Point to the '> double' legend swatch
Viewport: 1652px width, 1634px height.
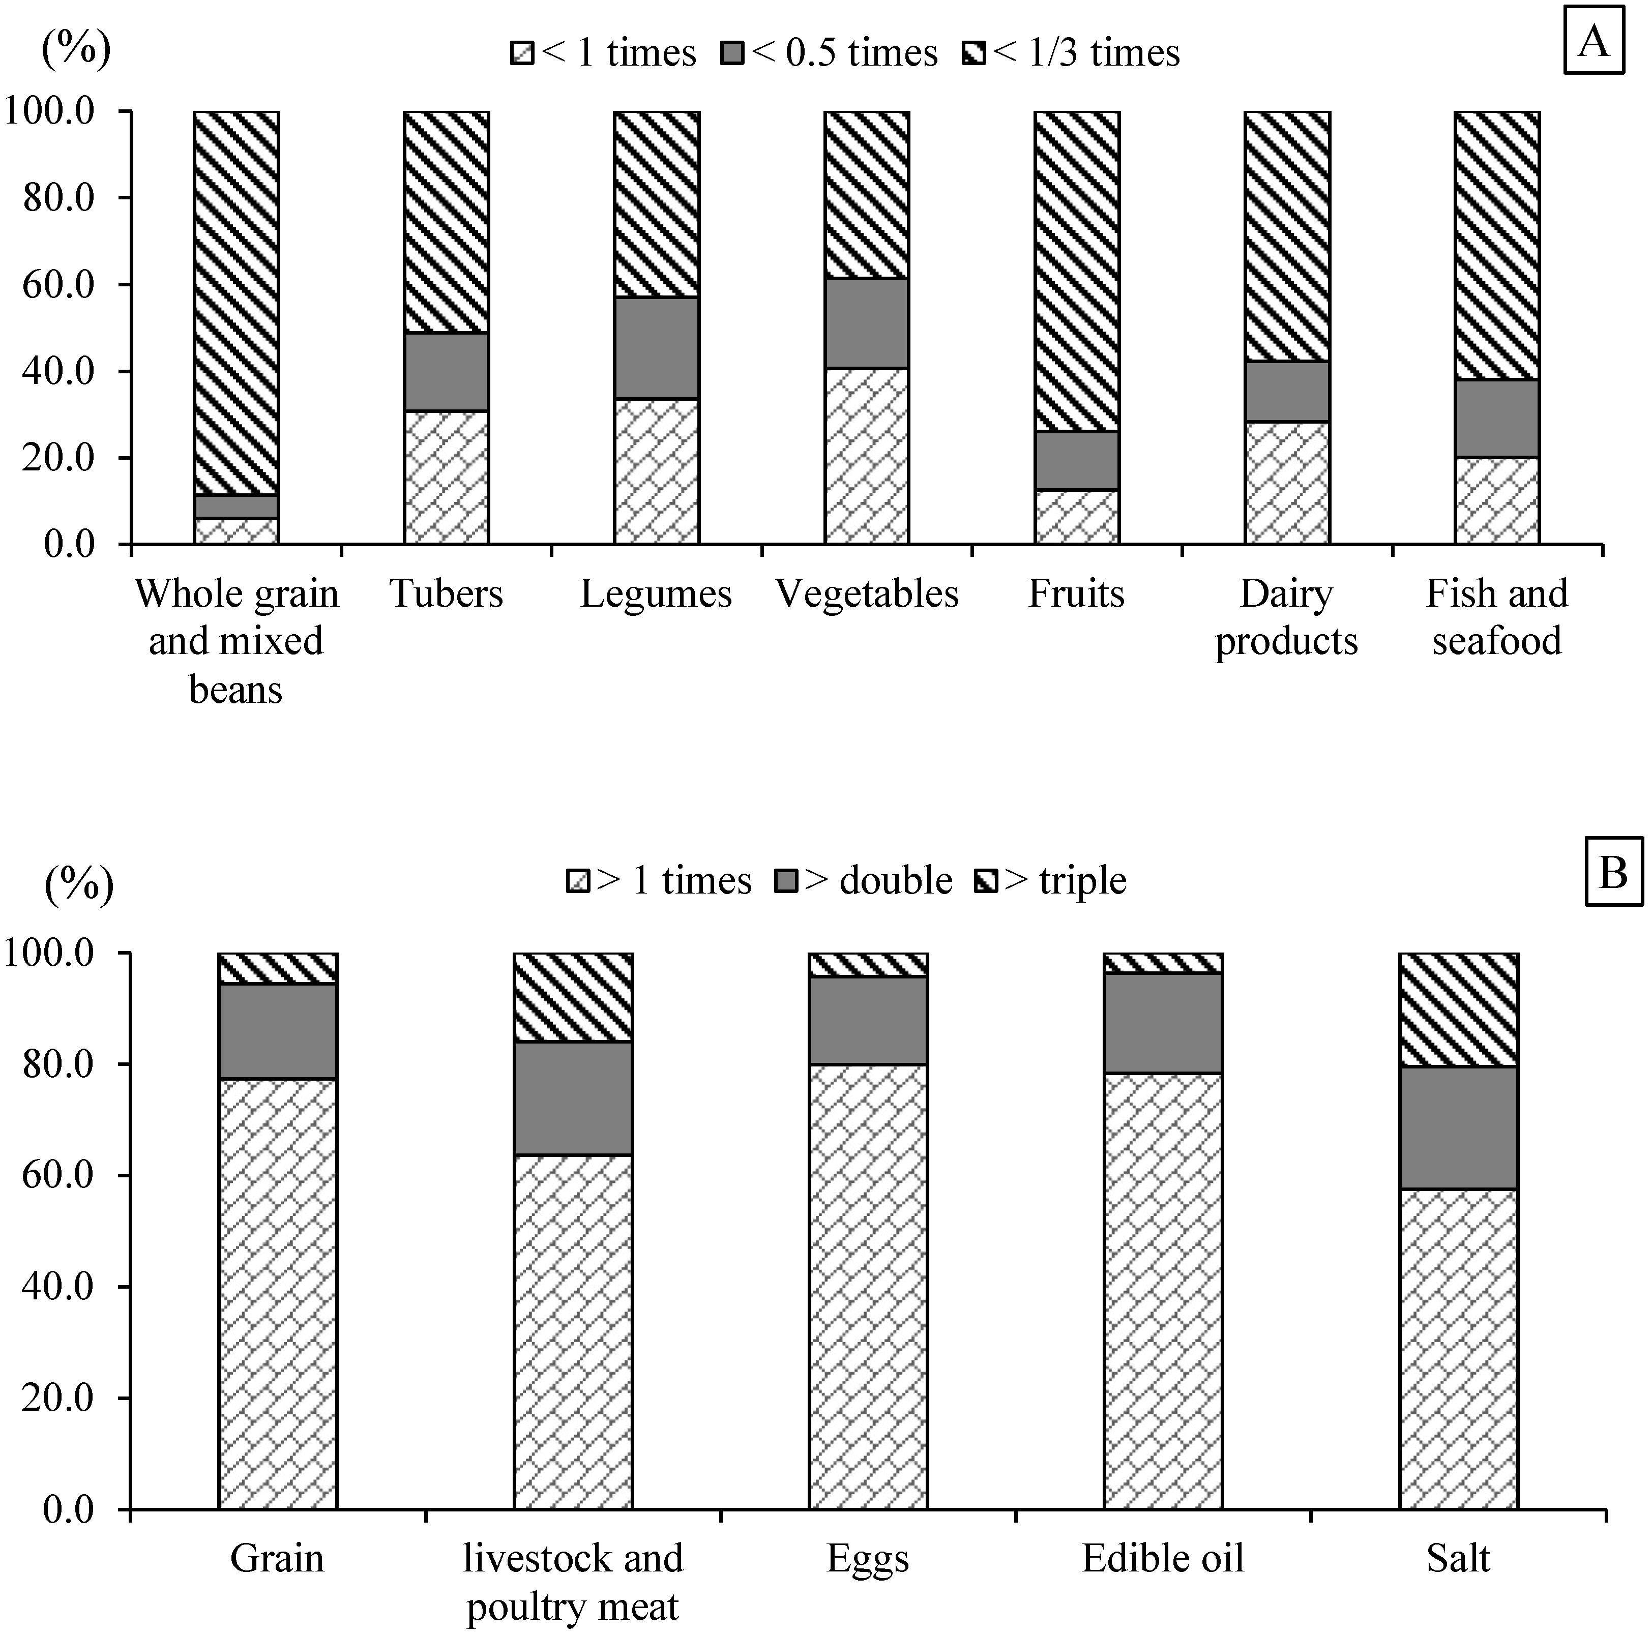pyautogui.click(x=786, y=881)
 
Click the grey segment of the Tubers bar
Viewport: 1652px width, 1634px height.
pyautogui.click(x=447, y=372)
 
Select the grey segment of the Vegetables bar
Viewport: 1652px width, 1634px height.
pyautogui.click(x=866, y=323)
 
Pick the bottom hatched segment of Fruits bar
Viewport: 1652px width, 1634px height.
pyautogui.click(x=1077, y=517)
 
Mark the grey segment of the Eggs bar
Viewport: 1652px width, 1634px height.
pyautogui.click(x=868, y=1021)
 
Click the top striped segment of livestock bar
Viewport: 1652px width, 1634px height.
pyautogui.click(x=573, y=997)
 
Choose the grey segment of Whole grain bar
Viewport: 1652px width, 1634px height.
pyautogui.click(x=236, y=506)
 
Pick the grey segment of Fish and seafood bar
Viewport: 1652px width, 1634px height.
pyautogui.click(x=1496, y=419)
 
